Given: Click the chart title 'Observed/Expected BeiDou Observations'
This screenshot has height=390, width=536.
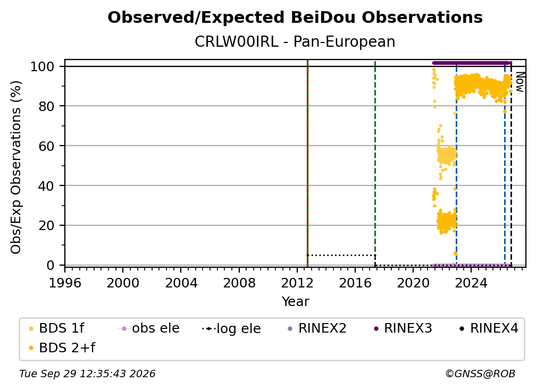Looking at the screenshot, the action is (295, 18).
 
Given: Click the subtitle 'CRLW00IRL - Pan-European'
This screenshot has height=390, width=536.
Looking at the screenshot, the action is (295, 42).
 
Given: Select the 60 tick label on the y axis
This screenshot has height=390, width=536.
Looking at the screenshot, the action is (46, 146).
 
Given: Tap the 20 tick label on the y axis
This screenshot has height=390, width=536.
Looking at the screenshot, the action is (46, 226).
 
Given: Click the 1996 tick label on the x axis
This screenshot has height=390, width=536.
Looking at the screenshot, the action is (65, 283).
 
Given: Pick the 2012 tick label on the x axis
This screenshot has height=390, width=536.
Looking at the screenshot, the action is (297, 283).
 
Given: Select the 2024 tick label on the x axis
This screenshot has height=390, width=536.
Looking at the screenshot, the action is (471, 283).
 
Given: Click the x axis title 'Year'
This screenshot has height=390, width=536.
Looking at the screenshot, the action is (295, 302).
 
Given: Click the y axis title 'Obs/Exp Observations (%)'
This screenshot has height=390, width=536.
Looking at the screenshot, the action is (16, 167).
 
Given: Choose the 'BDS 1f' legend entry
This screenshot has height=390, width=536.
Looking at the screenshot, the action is (56, 328).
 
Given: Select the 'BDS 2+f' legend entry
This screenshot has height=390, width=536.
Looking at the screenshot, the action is (62, 348).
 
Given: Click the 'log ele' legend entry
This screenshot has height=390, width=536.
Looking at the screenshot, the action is (231, 328).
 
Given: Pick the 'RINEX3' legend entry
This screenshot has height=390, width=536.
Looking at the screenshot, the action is (403, 328).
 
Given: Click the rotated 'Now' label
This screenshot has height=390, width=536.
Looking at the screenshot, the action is (520, 82).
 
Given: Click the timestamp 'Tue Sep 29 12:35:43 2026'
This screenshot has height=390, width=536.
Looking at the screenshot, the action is (87, 374).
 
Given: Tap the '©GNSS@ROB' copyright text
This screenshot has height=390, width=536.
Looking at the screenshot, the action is (480, 374).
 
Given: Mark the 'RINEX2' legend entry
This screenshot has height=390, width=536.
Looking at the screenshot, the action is (317, 328).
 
